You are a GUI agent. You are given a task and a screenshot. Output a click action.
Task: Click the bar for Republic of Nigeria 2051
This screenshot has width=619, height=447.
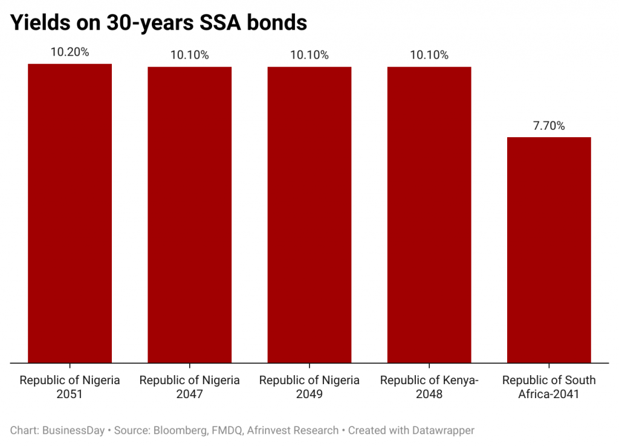coord(70,213)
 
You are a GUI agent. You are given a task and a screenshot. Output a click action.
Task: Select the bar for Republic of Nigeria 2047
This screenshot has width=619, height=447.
coord(189,214)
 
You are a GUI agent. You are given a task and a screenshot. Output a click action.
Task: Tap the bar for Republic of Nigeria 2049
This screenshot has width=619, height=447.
coord(309,214)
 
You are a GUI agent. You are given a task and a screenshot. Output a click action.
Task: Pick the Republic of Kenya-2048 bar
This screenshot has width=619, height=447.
coord(429,214)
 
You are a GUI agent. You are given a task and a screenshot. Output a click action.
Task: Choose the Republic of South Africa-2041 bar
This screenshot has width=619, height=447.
coord(549,249)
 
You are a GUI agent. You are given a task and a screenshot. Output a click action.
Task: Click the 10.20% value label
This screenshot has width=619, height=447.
coord(70,52)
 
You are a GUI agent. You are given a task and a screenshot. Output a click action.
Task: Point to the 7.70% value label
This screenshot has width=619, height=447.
coord(549,126)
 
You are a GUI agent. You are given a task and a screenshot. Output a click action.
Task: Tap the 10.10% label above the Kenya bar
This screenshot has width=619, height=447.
coord(429,55)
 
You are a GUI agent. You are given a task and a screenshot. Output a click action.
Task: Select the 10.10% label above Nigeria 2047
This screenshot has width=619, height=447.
coord(189,55)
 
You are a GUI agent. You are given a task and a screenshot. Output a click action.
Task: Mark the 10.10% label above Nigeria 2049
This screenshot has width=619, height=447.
coord(309,55)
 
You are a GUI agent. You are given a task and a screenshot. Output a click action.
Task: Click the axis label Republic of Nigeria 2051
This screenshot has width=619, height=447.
coord(70,387)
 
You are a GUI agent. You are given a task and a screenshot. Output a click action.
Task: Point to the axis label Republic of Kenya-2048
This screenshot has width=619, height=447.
coord(429,387)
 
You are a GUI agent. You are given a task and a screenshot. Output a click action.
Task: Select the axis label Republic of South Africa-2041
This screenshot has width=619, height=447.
coord(549,387)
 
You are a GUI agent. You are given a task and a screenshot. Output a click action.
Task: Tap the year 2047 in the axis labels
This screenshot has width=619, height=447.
coord(189,394)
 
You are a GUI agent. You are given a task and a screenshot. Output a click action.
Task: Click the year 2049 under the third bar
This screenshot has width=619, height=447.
coord(309,394)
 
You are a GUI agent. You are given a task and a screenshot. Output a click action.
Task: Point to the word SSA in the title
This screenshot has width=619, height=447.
coord(220,22)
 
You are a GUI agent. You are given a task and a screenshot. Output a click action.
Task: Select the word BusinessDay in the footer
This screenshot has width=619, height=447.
coord(73,431)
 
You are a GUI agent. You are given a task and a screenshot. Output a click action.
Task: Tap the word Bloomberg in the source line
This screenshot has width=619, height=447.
coord(180,431)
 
